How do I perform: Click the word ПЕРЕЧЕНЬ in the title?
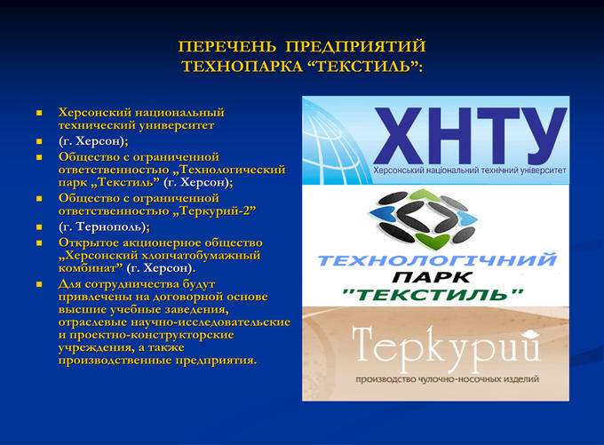click(x=227, y=46)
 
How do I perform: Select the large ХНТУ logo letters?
click(x=471, y=136)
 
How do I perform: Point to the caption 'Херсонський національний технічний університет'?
click(x=470, y=171)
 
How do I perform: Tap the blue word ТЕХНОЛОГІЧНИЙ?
click(x=437, y=260)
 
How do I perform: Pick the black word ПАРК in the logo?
click(x=433, y=277)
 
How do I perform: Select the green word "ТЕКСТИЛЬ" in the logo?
click(x=433, y=295)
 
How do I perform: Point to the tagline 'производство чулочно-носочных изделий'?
click(x=447, y=379)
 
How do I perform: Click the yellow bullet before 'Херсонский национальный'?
click(x=39, y=113)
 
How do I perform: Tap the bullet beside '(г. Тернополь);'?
click(x=39, y=226)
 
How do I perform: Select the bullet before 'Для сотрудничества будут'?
click(x=39, y=284)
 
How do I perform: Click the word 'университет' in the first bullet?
click(x=177, y=125)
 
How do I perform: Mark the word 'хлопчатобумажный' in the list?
click(x=201, y=256)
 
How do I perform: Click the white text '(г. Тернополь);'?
click(x=104, y=226)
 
